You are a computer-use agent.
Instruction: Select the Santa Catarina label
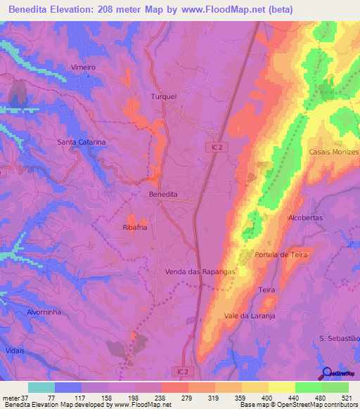82,142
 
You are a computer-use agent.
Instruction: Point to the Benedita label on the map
163,193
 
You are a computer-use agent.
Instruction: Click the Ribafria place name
136,228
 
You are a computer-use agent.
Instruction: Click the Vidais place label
13,350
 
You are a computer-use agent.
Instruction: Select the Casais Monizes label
334,152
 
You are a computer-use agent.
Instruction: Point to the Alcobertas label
305,219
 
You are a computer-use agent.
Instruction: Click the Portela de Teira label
281,254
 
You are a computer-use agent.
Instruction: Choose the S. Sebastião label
339,339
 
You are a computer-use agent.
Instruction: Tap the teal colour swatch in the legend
41,387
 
